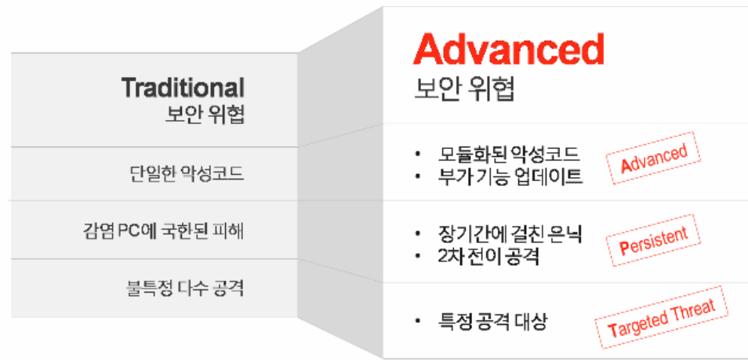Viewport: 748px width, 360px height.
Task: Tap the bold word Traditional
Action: (183, 88)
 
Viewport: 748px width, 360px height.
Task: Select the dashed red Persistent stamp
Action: (654, 240)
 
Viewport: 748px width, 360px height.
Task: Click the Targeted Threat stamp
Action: (662, 318)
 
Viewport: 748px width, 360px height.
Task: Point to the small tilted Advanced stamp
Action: (654, 158)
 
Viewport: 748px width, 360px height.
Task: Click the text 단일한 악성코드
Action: (187, 174)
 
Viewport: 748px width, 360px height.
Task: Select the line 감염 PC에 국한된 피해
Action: (163, 231)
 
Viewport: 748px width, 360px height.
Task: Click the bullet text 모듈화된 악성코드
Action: (508, 154)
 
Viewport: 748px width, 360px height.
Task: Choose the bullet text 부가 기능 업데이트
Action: (510, 176)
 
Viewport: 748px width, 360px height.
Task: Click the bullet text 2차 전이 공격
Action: (488, 257)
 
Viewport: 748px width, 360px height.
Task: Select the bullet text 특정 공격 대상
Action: (492, 322)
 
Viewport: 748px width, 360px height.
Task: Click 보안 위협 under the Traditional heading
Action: (205, 115)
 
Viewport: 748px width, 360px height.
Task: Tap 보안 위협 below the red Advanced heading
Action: (463, 89)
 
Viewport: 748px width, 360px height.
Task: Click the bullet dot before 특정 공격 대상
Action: (418, 322)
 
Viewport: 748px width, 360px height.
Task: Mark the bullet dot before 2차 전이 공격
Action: (418, 257)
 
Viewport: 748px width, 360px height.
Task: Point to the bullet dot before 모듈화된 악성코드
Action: (418, 155)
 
